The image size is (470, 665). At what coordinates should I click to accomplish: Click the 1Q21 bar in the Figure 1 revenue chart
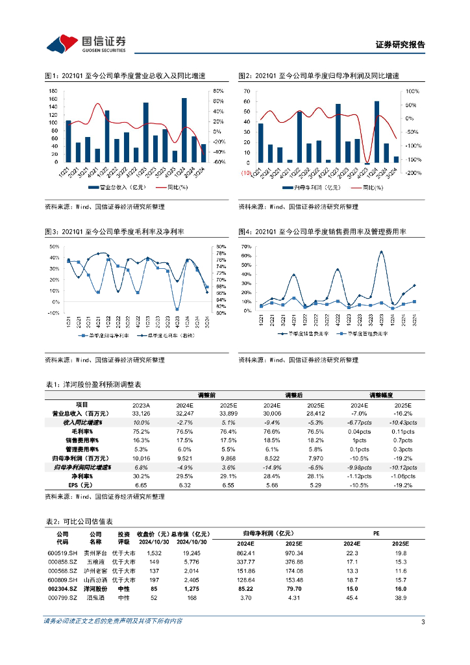coord(68,141)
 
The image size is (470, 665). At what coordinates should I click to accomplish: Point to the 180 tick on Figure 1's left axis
coord(54,91)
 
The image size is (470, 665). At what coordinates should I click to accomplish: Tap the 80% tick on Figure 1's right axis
coord(219,91)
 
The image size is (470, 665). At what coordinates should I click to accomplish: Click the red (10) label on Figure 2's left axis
coord(246,173)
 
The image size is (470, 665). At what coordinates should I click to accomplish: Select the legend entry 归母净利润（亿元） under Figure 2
coord(316,187)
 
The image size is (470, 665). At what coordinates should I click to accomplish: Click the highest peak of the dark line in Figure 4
coord(381,252)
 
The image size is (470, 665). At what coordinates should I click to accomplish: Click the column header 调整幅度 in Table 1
coord(382,395)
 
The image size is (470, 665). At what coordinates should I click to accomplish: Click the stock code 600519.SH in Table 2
coord(61,553)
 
